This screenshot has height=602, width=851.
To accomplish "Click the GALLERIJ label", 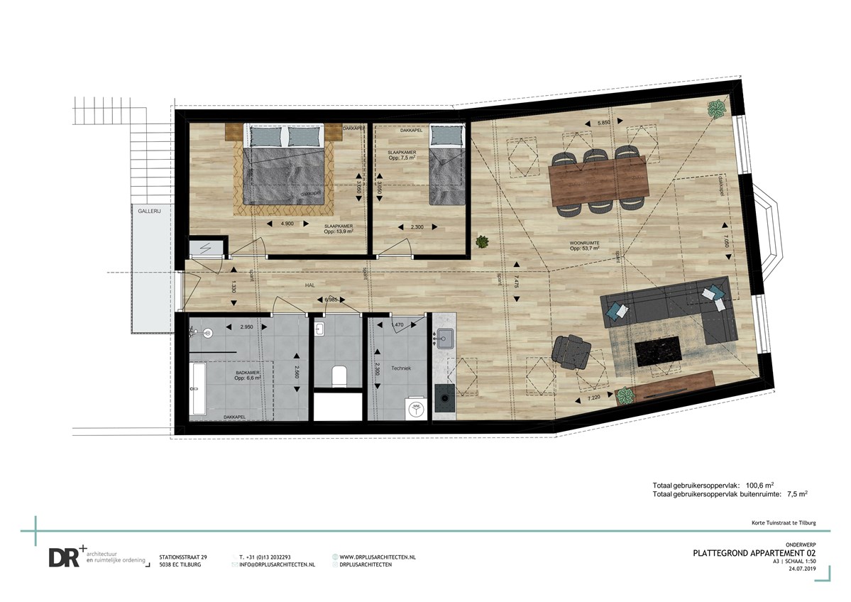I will [x=150, y=211].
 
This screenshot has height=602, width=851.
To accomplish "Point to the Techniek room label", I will [x=400, y=368].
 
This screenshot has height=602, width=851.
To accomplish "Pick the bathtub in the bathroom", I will [x=198, y=390].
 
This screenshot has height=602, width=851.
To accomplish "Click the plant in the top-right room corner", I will [x=716, y=110].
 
